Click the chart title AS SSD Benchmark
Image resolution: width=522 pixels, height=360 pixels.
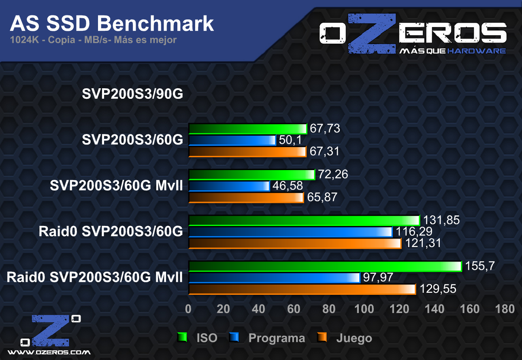click(111, 24)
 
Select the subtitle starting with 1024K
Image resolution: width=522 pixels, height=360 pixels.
click(94, 40)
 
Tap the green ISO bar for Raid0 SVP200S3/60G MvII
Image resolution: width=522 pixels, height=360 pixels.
click(325, 266)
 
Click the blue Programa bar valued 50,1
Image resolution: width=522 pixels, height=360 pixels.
click(232, 140)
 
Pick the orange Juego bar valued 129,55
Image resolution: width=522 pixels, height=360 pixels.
click(302, 289)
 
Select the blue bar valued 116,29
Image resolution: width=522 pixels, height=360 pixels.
click(290, 232)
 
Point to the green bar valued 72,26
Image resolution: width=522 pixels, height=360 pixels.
click(251, 175)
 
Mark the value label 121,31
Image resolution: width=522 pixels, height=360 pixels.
click(422, 243)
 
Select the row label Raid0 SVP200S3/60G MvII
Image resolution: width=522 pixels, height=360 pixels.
click(94, 278)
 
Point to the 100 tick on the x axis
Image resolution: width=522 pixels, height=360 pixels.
click(364, 309)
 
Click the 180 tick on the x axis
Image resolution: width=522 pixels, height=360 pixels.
click(505, 309)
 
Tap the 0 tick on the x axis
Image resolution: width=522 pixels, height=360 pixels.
click(188, 309)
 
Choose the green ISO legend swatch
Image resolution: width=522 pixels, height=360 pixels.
click(182, 338)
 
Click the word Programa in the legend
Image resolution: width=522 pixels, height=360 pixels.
click(277, 338)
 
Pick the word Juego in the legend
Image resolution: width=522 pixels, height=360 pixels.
click(354, 338)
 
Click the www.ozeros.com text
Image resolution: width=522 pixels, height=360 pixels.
click(49, 352)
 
